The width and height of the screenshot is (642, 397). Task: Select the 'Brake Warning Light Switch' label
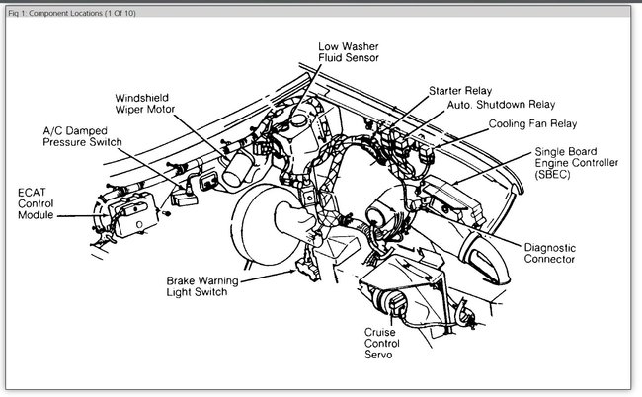210,286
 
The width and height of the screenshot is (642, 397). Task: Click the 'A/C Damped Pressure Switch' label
82,135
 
